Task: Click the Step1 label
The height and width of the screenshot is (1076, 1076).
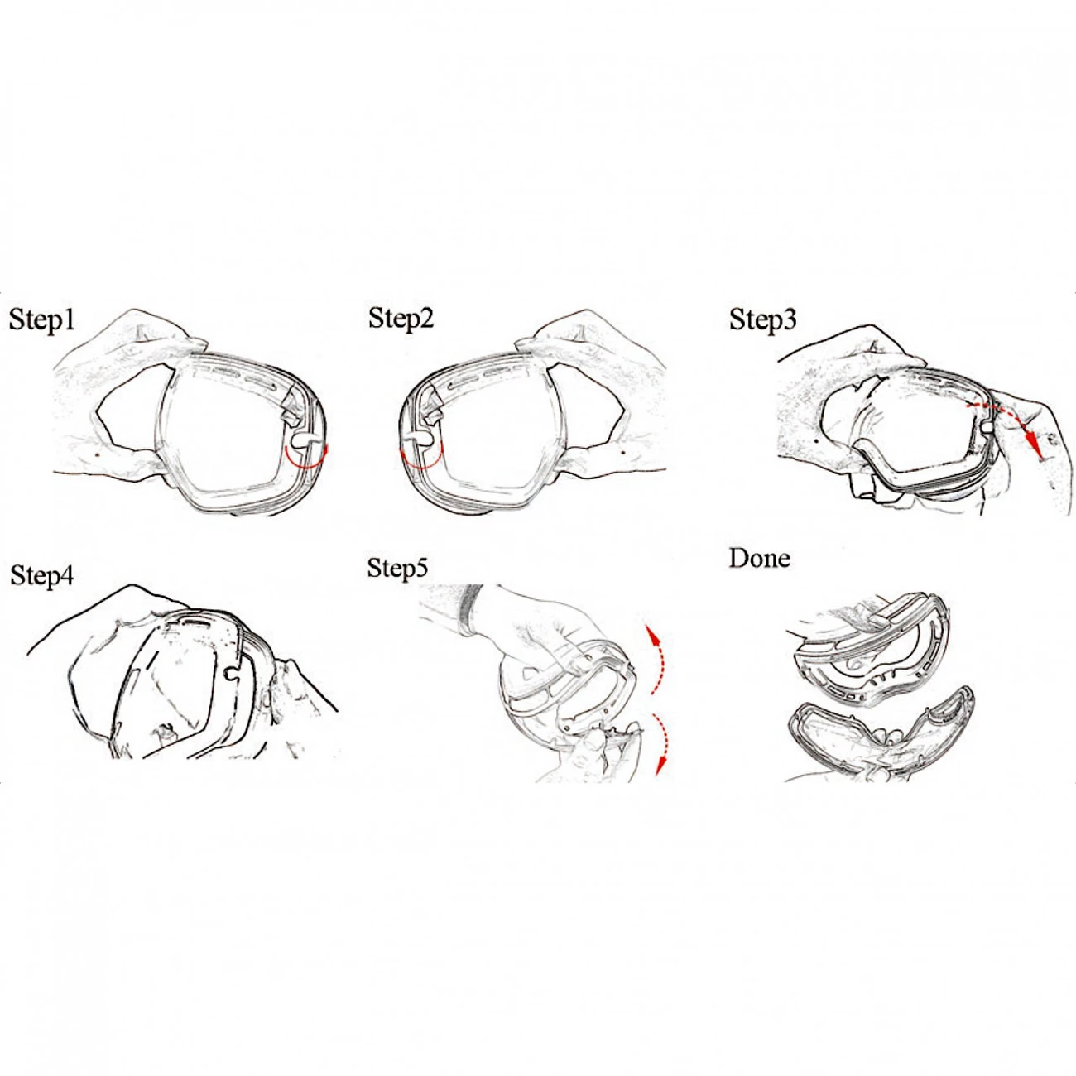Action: point(42,321)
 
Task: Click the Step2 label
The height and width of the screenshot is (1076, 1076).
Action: point(401,319)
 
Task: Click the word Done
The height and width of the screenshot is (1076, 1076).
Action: point(759,559)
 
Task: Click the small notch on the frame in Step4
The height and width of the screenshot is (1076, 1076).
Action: point(231,674)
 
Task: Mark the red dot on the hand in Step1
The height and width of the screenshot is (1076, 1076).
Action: point(98,454)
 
